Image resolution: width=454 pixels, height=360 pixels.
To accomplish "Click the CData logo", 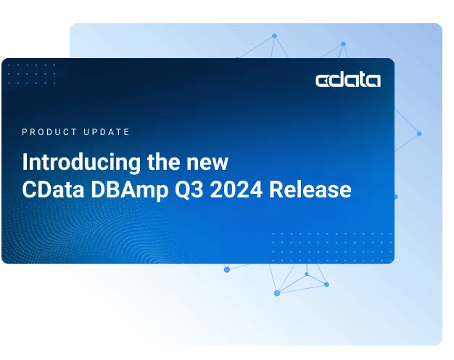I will coord(347,80).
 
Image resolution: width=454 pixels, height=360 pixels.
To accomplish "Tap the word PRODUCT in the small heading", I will coord(49,132).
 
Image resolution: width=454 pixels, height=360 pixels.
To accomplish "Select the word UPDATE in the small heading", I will coord(106,132).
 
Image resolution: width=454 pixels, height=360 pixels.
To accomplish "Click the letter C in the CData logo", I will coord(323,80).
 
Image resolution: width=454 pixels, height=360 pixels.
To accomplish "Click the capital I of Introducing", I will coord(25,161).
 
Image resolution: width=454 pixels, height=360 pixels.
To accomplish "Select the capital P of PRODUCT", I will coord(25,132).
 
